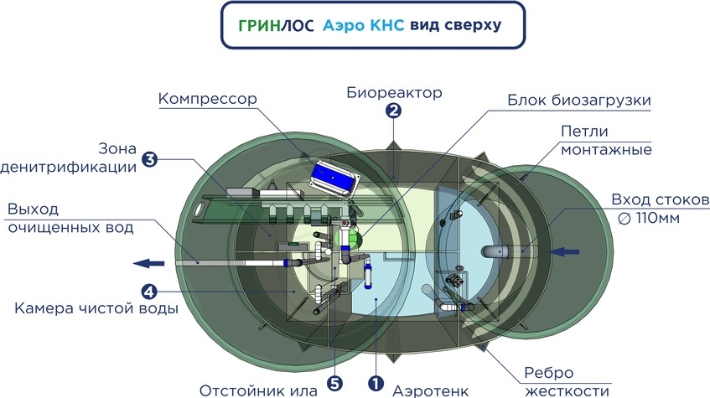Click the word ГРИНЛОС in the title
[277, 25]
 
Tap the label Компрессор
[207, 99]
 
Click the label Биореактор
[393, 91]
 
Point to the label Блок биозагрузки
[579, 101]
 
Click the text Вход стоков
[660, 200]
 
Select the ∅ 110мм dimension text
[660, 220]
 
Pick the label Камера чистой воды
[96, 309]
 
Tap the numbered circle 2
[393, 110]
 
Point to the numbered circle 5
[334, 385]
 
